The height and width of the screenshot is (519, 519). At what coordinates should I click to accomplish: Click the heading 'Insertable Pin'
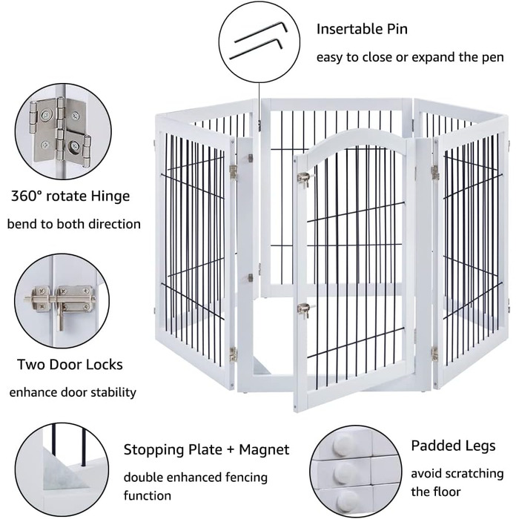tap(362, 29)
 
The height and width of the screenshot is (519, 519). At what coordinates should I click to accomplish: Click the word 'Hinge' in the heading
tap(110, 196)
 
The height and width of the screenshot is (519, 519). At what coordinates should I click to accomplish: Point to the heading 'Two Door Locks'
tap(70, 365)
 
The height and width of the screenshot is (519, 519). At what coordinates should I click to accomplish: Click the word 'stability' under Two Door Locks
tap(113, 393)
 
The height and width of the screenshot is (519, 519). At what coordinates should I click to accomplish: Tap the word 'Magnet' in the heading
tap(264, 449)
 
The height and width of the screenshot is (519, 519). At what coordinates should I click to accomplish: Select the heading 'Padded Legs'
tap(453, 446)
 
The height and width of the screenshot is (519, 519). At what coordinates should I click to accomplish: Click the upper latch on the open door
tap(305, 179)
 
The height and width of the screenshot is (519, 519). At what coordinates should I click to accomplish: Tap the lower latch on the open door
tap(305, 310)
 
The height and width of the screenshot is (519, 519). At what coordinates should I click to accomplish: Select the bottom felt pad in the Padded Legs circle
tap(346, 501)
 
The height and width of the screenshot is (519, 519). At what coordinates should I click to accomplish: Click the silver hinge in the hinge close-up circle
tap(60, 132)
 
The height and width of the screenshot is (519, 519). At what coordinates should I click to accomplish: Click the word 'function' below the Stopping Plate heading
tap(148, 495)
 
